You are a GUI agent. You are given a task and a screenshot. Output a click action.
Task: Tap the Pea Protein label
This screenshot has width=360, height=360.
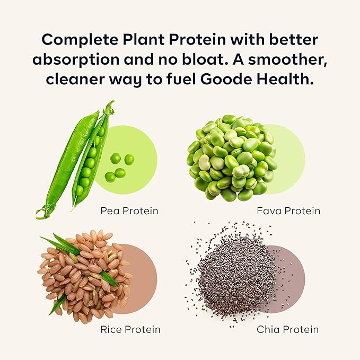tap(129, 211)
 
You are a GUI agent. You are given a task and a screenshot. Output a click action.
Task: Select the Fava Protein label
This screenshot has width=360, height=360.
tap(288, 211)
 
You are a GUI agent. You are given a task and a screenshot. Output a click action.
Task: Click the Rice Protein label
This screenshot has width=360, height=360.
tap(130, 330)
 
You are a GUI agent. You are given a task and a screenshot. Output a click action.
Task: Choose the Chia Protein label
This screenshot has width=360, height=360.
tap(288, 330)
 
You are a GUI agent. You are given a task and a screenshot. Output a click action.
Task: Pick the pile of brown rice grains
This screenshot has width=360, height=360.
tap(85, 276)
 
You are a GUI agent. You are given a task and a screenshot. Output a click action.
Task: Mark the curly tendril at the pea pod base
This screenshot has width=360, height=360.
tap(41, 214)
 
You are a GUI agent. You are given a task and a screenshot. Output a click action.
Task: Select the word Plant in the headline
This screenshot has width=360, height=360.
tap(146, 40)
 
